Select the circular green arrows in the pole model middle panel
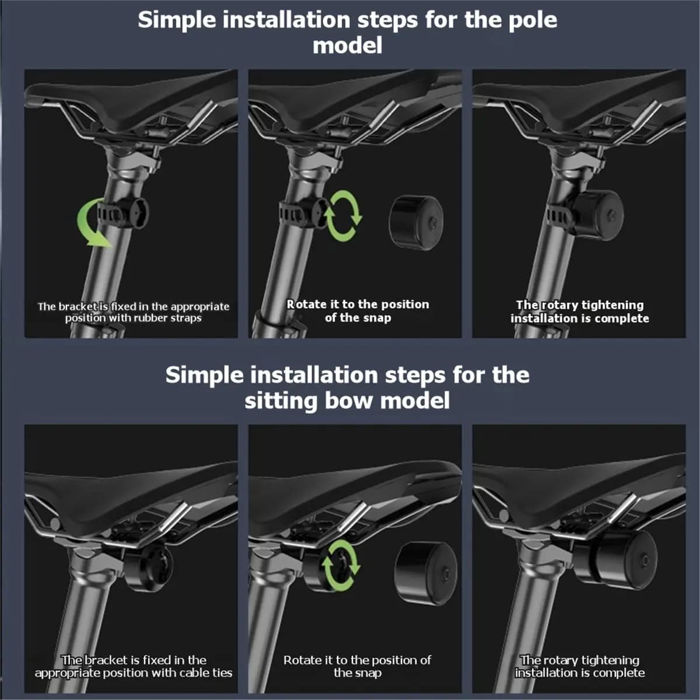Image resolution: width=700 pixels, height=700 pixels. (x=342, y=216)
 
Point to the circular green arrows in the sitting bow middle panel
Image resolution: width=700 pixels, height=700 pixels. (x=340, y=565)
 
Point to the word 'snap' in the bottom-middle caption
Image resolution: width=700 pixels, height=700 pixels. (x=369, y=673)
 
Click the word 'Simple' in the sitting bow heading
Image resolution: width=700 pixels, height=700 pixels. (x=205, y=375)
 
